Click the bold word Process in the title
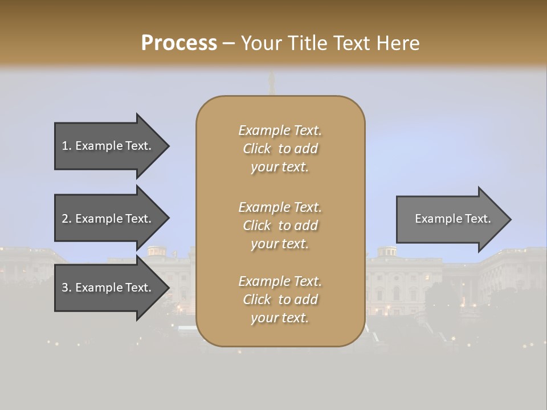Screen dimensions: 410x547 point(179,43)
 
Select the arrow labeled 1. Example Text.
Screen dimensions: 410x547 point(108,146)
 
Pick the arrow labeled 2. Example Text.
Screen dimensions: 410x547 point(108,219)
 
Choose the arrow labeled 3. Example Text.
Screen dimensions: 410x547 point(108,288)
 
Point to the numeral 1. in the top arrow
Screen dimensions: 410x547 point(66,146)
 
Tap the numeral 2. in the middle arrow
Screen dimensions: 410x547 point(66,219)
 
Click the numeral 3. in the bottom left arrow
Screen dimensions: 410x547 point(66,288)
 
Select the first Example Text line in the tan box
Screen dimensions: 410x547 point(280,130)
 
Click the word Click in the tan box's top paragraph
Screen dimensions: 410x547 point(257,149)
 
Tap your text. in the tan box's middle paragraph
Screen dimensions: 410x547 point(280,244)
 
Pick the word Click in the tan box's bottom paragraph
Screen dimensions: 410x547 point(257,300)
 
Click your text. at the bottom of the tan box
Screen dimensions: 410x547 point(280,318)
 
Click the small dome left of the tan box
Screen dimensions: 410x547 point(157,251)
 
